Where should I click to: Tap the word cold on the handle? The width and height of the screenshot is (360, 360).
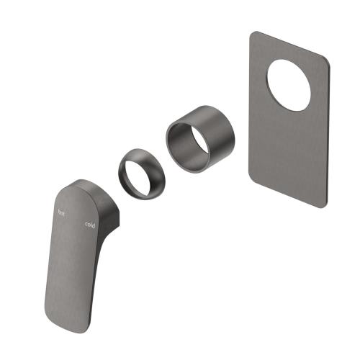pyautogui.click(x=89, y=225)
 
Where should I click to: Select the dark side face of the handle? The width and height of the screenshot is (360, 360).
pyautogui.click(x=107, y=216)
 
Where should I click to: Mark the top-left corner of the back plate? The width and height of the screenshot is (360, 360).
pyautogui.click(x=253, y=34)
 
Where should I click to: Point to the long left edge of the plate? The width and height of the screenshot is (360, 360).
pyautogui.click(x=249, y=108)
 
